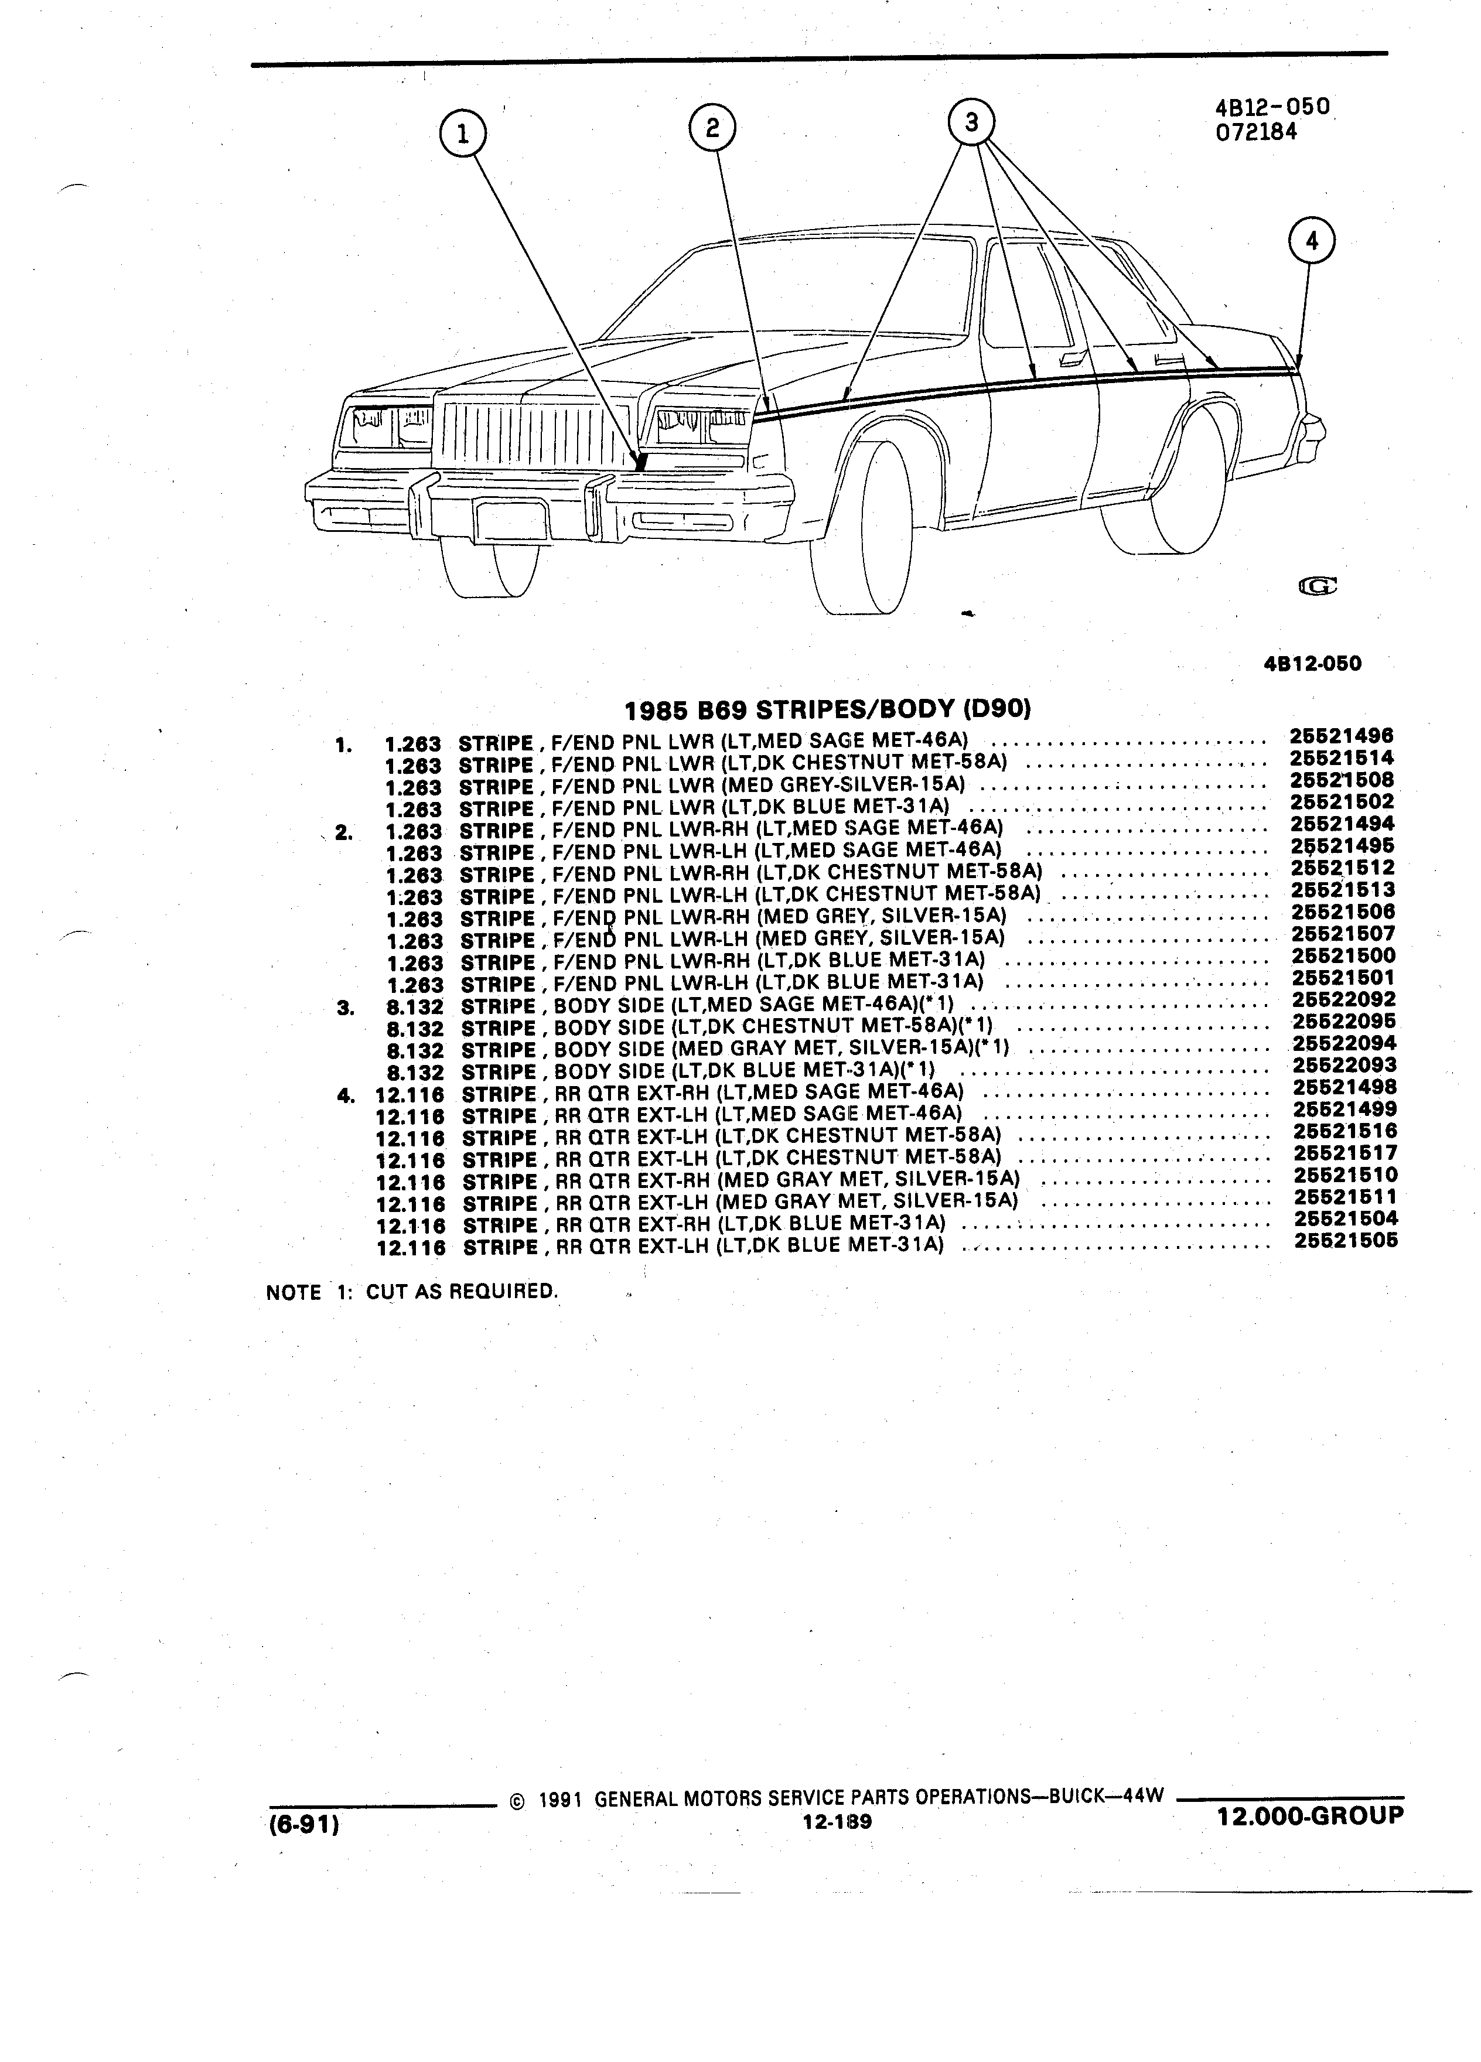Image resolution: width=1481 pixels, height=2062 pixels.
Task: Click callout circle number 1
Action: point(463,135)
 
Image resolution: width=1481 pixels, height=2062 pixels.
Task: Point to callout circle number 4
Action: point(1311,241)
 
